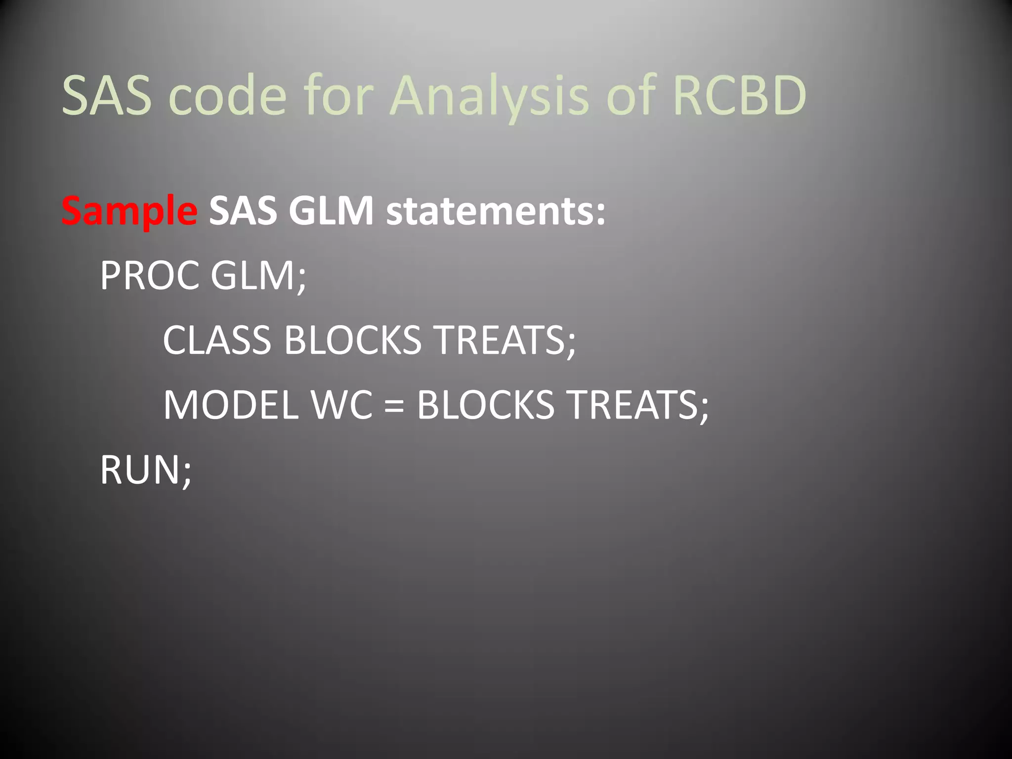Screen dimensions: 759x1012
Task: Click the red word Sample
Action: click(129, 211)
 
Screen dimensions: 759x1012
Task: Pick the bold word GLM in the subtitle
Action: click(331, 211)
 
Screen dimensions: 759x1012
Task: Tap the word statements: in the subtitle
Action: click(495, 211)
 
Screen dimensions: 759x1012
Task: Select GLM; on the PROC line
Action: click(258, 276)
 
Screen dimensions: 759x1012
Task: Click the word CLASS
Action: click(217, 340)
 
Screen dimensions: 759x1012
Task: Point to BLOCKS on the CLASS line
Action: click(352, 340)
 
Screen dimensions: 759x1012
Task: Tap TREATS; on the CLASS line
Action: click(505, 340)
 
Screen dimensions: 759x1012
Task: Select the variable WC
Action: click(341, 405)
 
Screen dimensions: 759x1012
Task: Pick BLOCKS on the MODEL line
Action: click(485, 405)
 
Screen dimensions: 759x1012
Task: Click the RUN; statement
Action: click(146, 469)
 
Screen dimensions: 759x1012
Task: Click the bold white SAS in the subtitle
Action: click(242, 211)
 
